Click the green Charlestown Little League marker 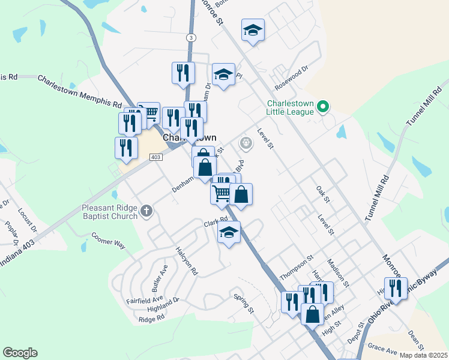point(323,107)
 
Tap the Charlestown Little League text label point(291,107)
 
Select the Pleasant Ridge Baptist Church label point(110,212)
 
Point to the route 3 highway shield point(191,37)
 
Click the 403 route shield point(155,157)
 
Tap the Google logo point(20,353)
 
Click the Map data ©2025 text point(423,355)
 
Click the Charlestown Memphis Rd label point(80,91)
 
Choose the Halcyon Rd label point(187,260)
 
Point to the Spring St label point(244,303)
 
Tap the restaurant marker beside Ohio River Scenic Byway point(396,289)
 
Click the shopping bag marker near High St point(312,314)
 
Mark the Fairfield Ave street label point(145,298)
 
